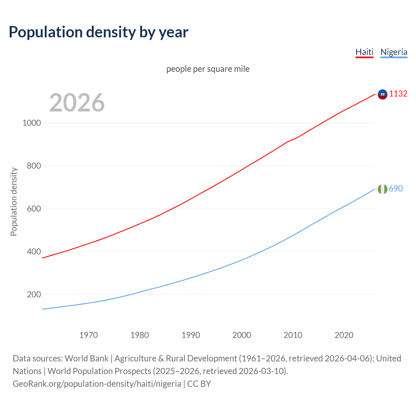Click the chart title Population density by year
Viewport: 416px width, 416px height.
click(x=98, y=32)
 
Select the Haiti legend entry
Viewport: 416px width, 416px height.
click(x=364, y=52)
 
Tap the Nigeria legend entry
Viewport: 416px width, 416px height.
click(x=394, y=52)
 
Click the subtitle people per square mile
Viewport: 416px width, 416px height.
click(x=208, y=69)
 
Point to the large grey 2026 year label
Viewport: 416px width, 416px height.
click(x=77, y=103)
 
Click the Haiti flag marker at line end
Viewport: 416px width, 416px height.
click(x=383, y=94)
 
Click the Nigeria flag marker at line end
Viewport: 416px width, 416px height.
click(x=383, y=189)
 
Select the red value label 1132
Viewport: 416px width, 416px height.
click(x=398, y=94)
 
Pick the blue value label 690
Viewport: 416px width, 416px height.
click(x=396, y=188)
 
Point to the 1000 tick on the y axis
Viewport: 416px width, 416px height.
click(x=32, y=123)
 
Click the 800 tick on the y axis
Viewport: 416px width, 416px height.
click(x=34, y=166)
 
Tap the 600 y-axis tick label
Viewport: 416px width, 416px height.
click(x=34, y=209)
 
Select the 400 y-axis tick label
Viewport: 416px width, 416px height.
click(x=34, y=252)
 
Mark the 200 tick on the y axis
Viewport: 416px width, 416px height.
click(x=34, y=294)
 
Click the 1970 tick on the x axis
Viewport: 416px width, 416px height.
click(x=88, y=335)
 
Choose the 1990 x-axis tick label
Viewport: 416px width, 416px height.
click(x=191, y=335)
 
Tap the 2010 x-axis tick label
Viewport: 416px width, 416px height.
click(x=293, y=335)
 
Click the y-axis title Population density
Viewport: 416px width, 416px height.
click(x=14, y=201)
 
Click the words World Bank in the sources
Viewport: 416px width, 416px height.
click(x=86, y=358)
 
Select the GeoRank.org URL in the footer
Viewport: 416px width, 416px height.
click(x=97, y=384)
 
